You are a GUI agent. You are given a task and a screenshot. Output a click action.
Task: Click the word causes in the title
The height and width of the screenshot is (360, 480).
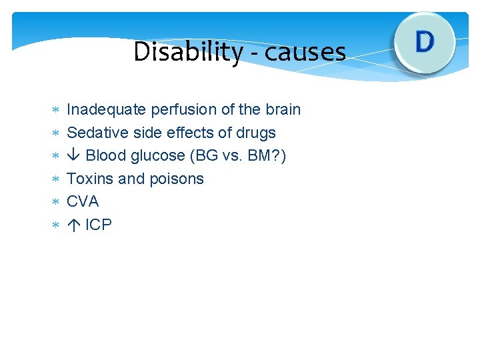tap(305, 52)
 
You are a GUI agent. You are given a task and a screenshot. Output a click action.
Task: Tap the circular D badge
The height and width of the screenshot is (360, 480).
tap(424, 42)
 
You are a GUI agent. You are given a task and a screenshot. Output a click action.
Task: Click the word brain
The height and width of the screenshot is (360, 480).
tap(282, 109)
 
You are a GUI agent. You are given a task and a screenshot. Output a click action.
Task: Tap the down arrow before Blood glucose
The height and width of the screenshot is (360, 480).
tap(74, 156)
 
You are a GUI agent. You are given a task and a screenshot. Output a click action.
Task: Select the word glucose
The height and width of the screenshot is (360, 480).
tap(158, 156)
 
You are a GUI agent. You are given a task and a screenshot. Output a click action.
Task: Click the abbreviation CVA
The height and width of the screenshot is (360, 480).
tap(83, 201)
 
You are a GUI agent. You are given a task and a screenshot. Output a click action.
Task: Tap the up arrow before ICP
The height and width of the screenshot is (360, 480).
tap(73, 225)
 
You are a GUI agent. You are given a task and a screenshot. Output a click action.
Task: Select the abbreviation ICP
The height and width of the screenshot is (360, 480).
tap(99, 225)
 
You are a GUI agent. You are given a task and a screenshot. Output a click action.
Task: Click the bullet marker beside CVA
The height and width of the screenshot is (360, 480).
tap(56, 202)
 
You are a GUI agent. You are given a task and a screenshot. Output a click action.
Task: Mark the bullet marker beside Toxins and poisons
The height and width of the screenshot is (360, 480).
tap(56, 179)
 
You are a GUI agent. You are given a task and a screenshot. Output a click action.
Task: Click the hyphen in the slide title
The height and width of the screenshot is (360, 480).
tap(253, 53)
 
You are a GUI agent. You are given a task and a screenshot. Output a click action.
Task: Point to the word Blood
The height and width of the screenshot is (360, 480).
tap(105, 156)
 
